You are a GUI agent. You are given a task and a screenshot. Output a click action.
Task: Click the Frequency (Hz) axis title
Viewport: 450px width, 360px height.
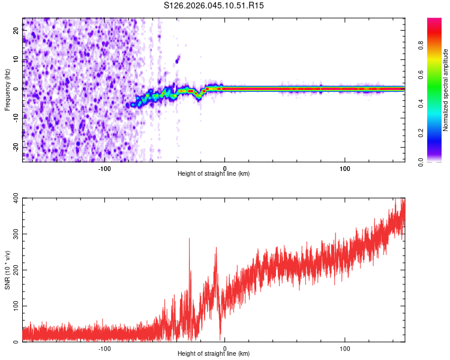[x=7, y=89]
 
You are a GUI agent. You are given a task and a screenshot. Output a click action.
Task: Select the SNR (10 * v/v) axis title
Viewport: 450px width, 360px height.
[x=7, y=269]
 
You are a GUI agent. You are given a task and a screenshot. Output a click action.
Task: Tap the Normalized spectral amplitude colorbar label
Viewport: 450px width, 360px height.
[x=446, y=89]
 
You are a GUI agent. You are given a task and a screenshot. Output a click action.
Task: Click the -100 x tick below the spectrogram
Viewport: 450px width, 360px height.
[x=104, y=168]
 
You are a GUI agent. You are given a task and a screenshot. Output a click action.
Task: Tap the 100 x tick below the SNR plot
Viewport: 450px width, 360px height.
[x=345, y=348]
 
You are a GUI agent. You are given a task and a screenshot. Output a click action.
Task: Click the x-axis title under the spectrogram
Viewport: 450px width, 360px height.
[x=214, y=174]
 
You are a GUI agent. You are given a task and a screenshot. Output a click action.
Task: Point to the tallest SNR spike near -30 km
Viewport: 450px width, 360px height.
[x=190, y=239]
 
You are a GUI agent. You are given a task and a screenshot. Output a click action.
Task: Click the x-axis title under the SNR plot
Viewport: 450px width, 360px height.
[x=214, y=354]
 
